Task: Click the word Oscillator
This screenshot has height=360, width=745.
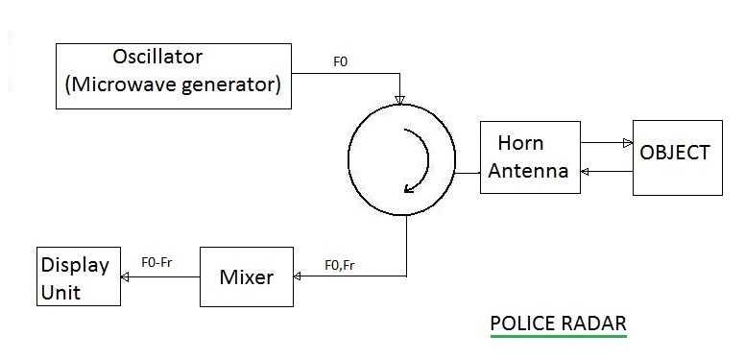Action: tap(158, 57)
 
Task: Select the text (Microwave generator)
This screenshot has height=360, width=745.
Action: tap(173, 84)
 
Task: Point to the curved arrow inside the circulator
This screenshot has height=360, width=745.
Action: tap(414, 159)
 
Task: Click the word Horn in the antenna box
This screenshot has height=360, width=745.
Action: tap(520, 143)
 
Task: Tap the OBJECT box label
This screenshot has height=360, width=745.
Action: tap(677, 153)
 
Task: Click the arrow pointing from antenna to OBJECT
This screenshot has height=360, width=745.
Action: tap(625, 142)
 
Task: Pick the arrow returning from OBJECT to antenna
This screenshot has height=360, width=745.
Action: tap(589, 172)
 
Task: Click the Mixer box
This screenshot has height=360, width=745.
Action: tap(246, 277)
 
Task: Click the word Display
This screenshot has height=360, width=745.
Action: tap(74, 265)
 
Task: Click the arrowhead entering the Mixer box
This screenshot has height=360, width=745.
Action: tap(298, 277)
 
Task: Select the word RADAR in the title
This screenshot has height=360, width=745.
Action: tap(594, 323)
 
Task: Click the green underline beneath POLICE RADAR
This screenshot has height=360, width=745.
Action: tap(558, 337)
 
